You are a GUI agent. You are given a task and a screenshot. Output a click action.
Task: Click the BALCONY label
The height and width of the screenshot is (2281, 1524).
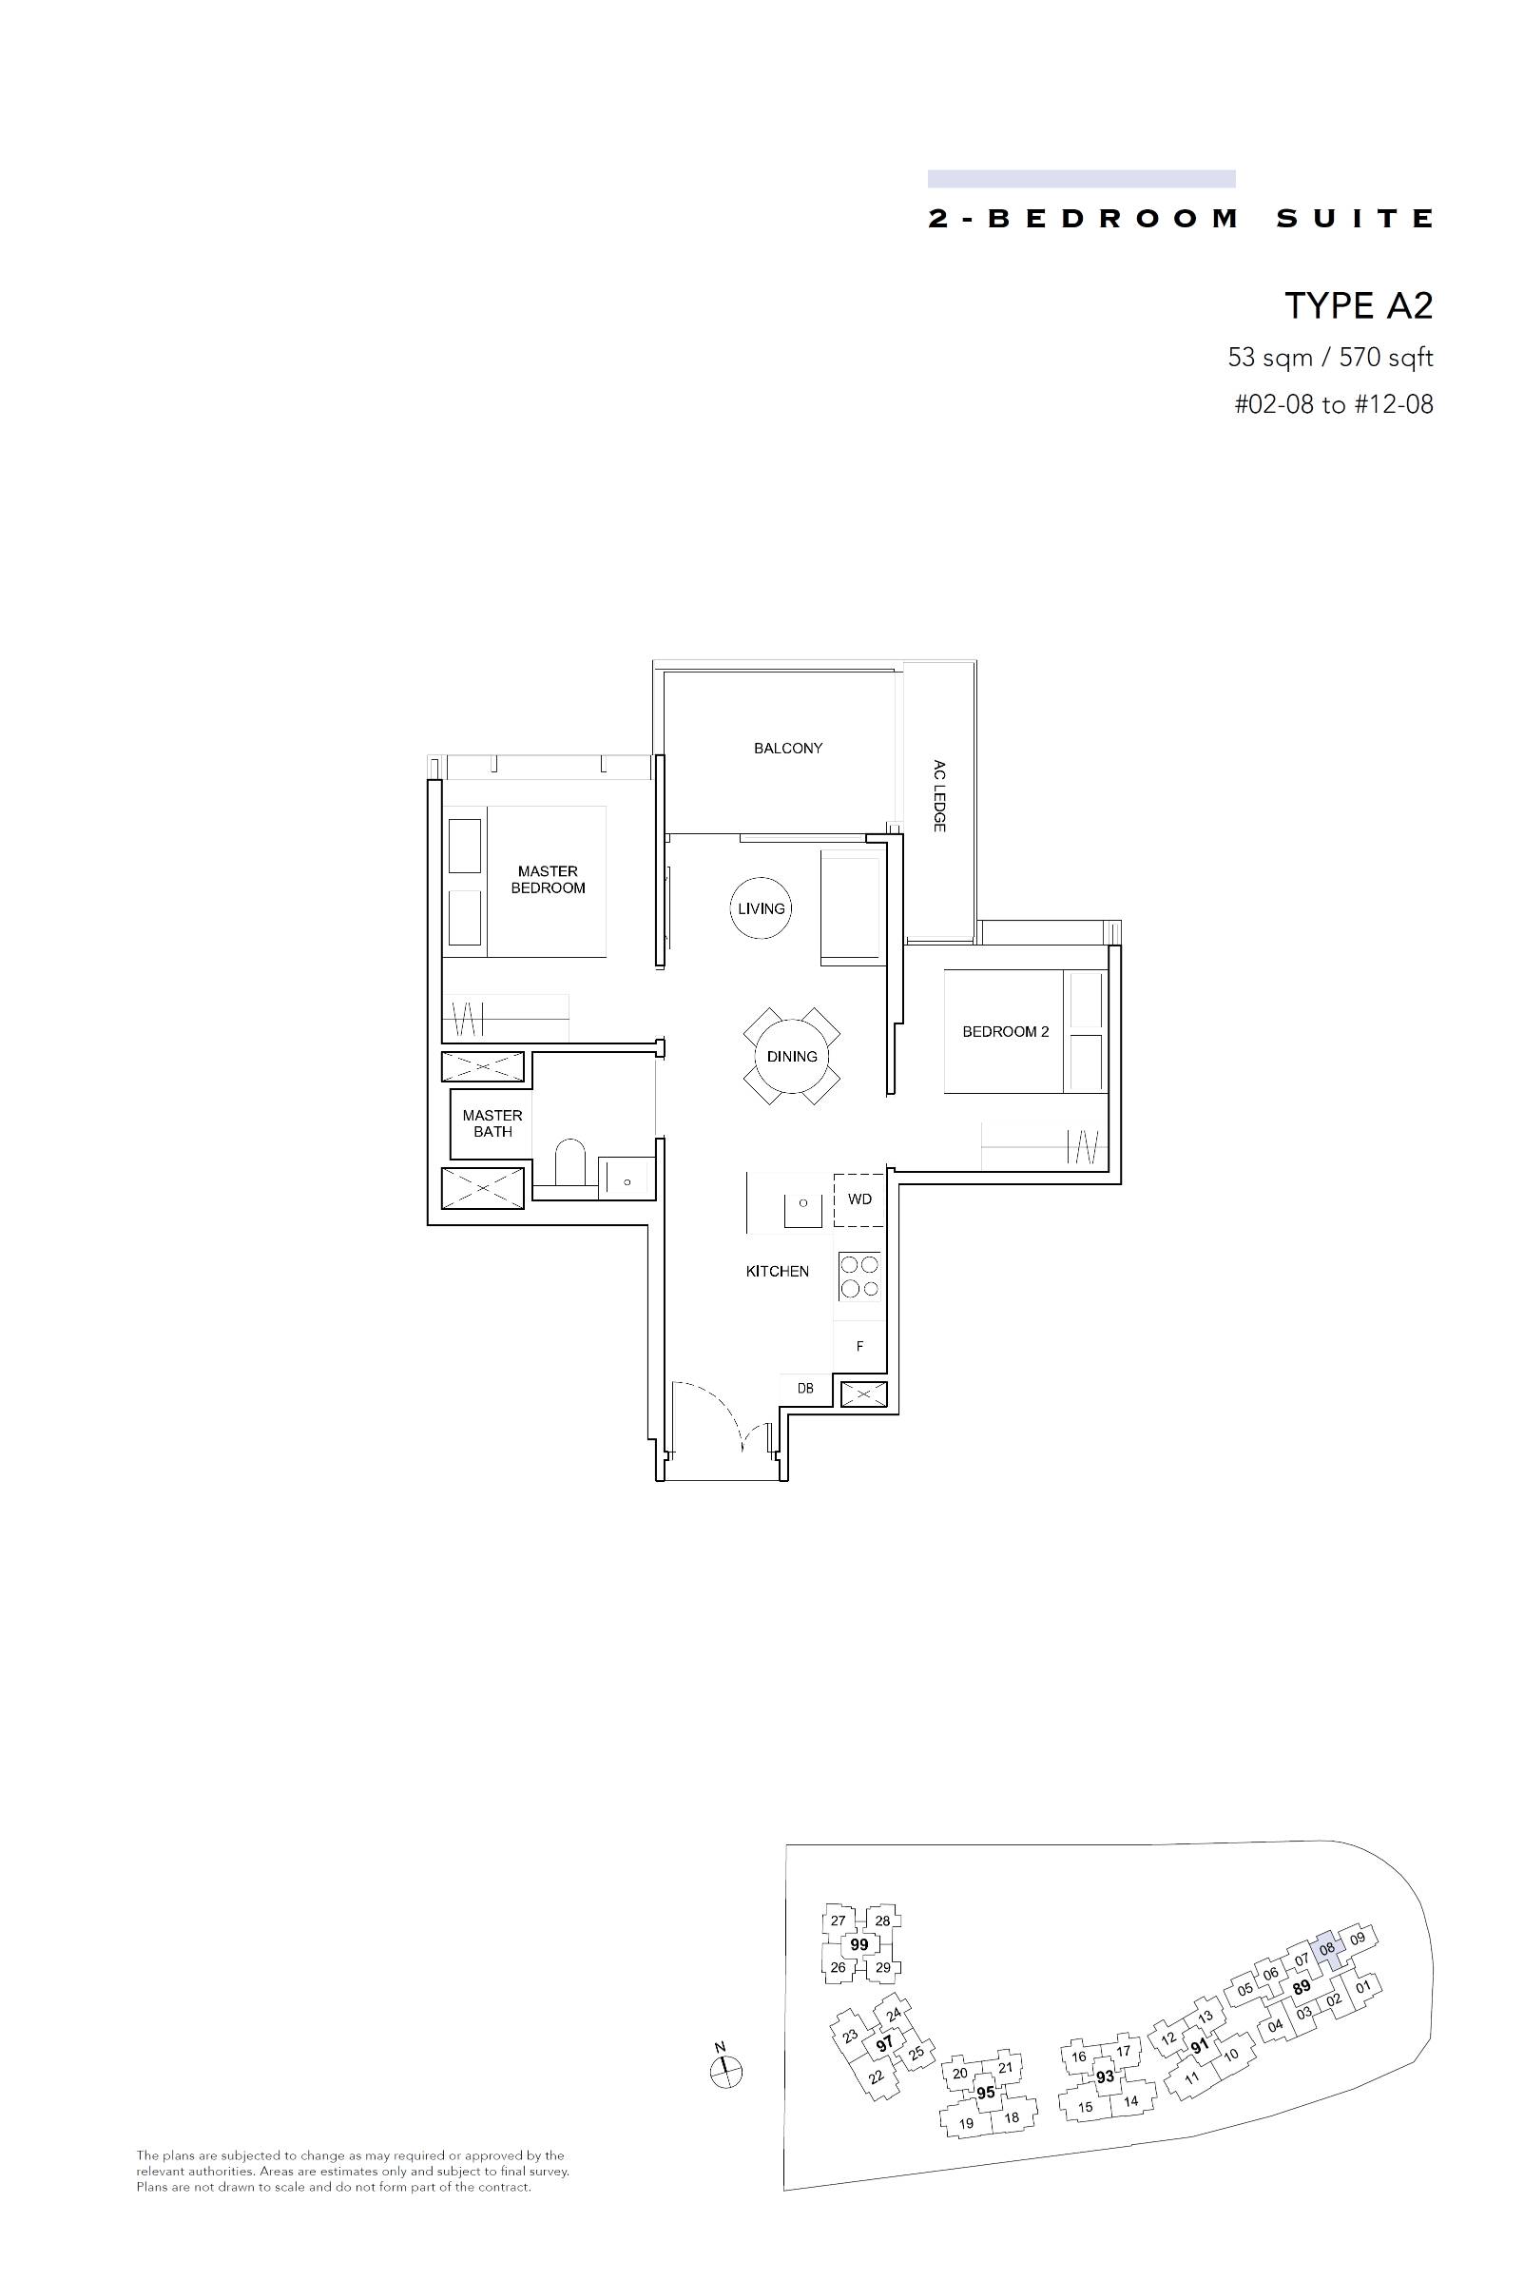click(x=788, y=748)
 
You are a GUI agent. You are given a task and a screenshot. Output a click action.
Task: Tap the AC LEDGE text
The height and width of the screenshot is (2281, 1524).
click(x=939, y=795)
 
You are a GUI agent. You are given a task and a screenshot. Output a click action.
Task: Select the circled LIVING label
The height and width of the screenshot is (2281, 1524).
click(x=761, y=908)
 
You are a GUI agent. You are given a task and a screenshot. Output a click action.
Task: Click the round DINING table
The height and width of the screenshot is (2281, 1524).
click(x=792, y=1057)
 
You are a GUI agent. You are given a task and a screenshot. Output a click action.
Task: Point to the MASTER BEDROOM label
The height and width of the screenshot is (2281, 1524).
click(x=549, y=879)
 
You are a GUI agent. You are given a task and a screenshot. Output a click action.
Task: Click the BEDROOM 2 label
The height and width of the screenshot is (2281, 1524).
click(x=1006, y=1032)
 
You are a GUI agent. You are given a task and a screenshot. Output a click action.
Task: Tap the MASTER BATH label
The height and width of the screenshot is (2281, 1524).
click(x=492, y=1123)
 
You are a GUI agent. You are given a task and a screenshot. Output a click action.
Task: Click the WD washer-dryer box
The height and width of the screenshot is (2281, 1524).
click(x=859, y=1199)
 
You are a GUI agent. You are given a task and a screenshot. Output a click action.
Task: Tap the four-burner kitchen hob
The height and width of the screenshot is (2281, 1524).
click(x=859, y=1277)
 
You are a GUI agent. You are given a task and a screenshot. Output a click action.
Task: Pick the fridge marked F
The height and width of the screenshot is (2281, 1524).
click(x=859, y=1347)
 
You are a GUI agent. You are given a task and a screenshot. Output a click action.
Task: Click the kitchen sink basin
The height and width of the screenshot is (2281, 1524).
click(x=803, y=1203)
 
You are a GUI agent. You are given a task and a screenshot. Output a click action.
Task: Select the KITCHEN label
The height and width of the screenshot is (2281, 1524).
click(x=778, y=1271)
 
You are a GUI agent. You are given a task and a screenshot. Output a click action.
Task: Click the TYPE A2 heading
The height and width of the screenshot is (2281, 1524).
click(x=1359, y=305)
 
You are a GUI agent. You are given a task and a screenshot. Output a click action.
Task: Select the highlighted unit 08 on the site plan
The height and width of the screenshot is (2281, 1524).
click(x=1326, y=1949)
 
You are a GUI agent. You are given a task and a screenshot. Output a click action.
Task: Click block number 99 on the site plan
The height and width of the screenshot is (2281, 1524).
click(x=859, y=1944)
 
